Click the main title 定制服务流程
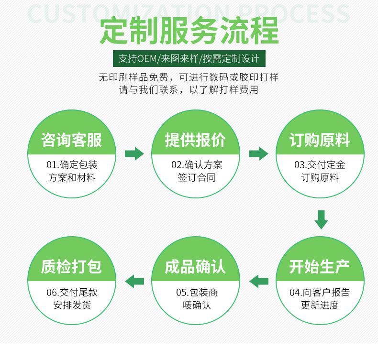click(x=189, y=31)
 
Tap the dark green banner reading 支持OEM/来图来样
click(x=189, y=59)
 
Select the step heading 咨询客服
click(x=71, y=140)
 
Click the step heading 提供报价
click(x=195, y=140)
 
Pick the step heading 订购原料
click(x=320, y=140)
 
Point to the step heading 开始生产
click(x=320, y=267)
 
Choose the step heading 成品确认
click(x=195, y=267)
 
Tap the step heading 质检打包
click(x=71, y=267)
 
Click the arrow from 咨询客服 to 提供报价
click(x=134, y=153)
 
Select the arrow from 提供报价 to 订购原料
click(x=258, y=153)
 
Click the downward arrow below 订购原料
click(x=321, y=219)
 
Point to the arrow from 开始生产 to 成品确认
click(x=259, y=281)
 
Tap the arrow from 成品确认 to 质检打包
click(x=134, y=281)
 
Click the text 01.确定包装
click(x=72, y=165)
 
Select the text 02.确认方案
click(x=197, y=165)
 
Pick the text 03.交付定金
click(x=320, y=165)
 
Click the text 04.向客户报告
click(x=320, y=293)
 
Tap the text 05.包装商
click(x=197, y=293)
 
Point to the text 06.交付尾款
click(x=72, y=293)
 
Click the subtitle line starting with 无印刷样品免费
click(x=189, y=77)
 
